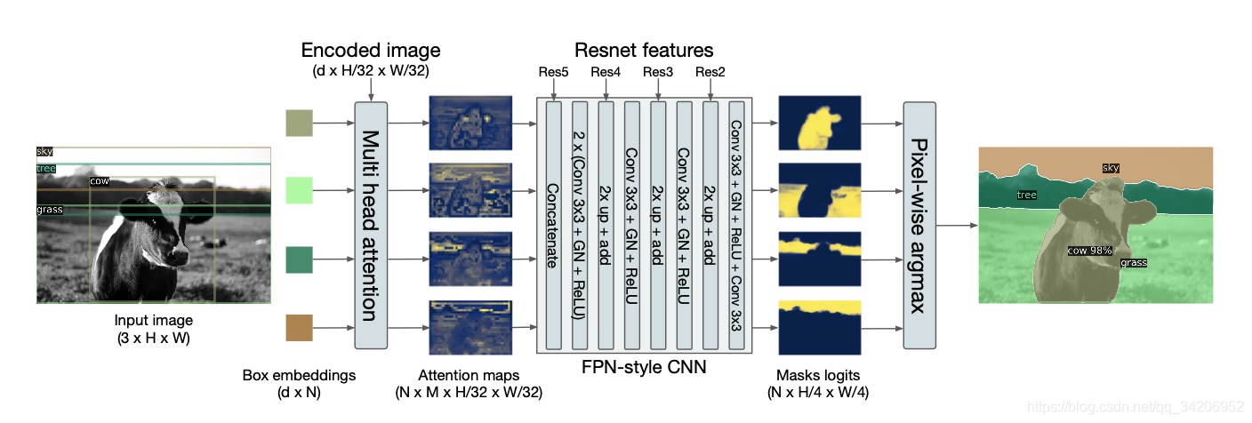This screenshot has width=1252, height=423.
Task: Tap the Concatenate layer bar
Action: pos(554,225)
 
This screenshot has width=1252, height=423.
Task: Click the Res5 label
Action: pos(553,72)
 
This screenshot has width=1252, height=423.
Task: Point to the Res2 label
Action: pos(710,72)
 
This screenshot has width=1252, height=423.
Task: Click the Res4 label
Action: pos(606,72)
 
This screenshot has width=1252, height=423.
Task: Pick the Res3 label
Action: pos(658,72)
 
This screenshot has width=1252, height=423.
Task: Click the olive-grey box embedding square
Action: pos(300,124)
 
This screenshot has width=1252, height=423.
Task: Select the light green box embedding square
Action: pos(300,191)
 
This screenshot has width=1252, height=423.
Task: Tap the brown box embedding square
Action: pos(300,327)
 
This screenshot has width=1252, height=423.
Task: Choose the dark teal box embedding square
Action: pos(300,259)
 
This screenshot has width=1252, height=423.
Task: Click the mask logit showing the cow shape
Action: pos(819,123)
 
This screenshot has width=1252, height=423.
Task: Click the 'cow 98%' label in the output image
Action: pos(1089,251)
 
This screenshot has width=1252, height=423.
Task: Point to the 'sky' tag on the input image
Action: pos(44,152)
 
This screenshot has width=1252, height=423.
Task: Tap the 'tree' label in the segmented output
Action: pos(1026,195)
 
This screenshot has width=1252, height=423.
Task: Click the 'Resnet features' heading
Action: pos(644,50)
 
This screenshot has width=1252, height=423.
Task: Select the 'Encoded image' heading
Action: pos(370,50)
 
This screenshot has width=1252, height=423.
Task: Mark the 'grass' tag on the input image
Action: pos(50,210)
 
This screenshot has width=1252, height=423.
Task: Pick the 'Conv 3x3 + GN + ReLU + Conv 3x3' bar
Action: pos(736,225)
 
